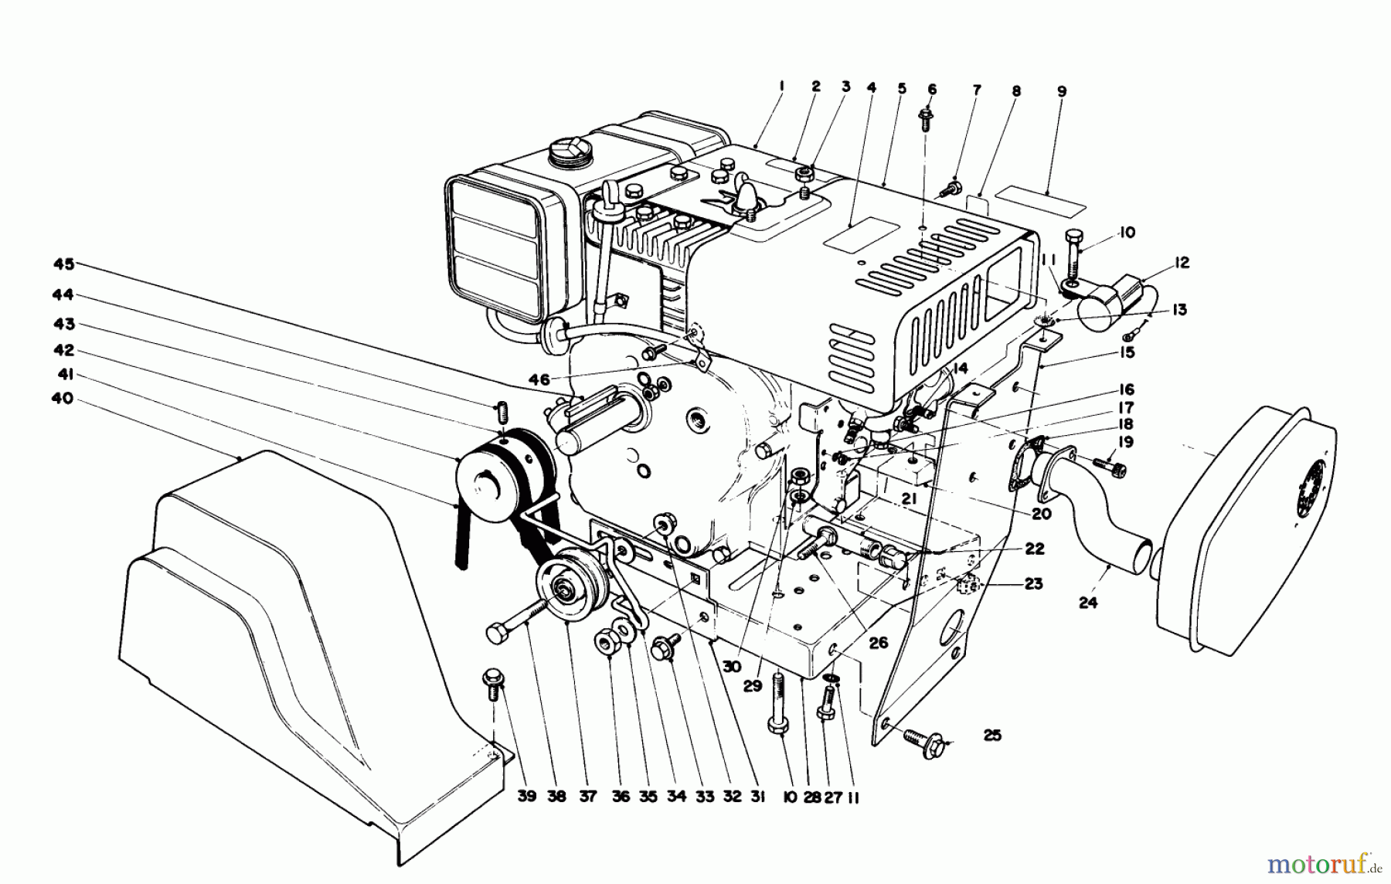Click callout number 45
pyautogui.click(x=63, y=264)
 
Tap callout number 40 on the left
pyautogui.click(x=63, y=399)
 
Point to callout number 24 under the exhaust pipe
pyautogui.click(x=1087, y=603)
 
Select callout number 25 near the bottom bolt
pyautogui.click(x=992, y=735)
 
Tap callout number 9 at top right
pyautogui.click(x=1062, y=91)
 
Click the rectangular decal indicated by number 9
pyautogui.click(x=1039, y=198)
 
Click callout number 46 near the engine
pyautogui.click(x=539, y=379)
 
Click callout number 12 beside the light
pyautogui.click(x=1181, y=263)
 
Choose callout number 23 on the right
pyautogui.click(x=1033, y=583)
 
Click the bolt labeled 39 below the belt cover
pyautogui.click(x=493, y=681)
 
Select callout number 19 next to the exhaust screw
pyautogui.click(x=1125, y=442)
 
